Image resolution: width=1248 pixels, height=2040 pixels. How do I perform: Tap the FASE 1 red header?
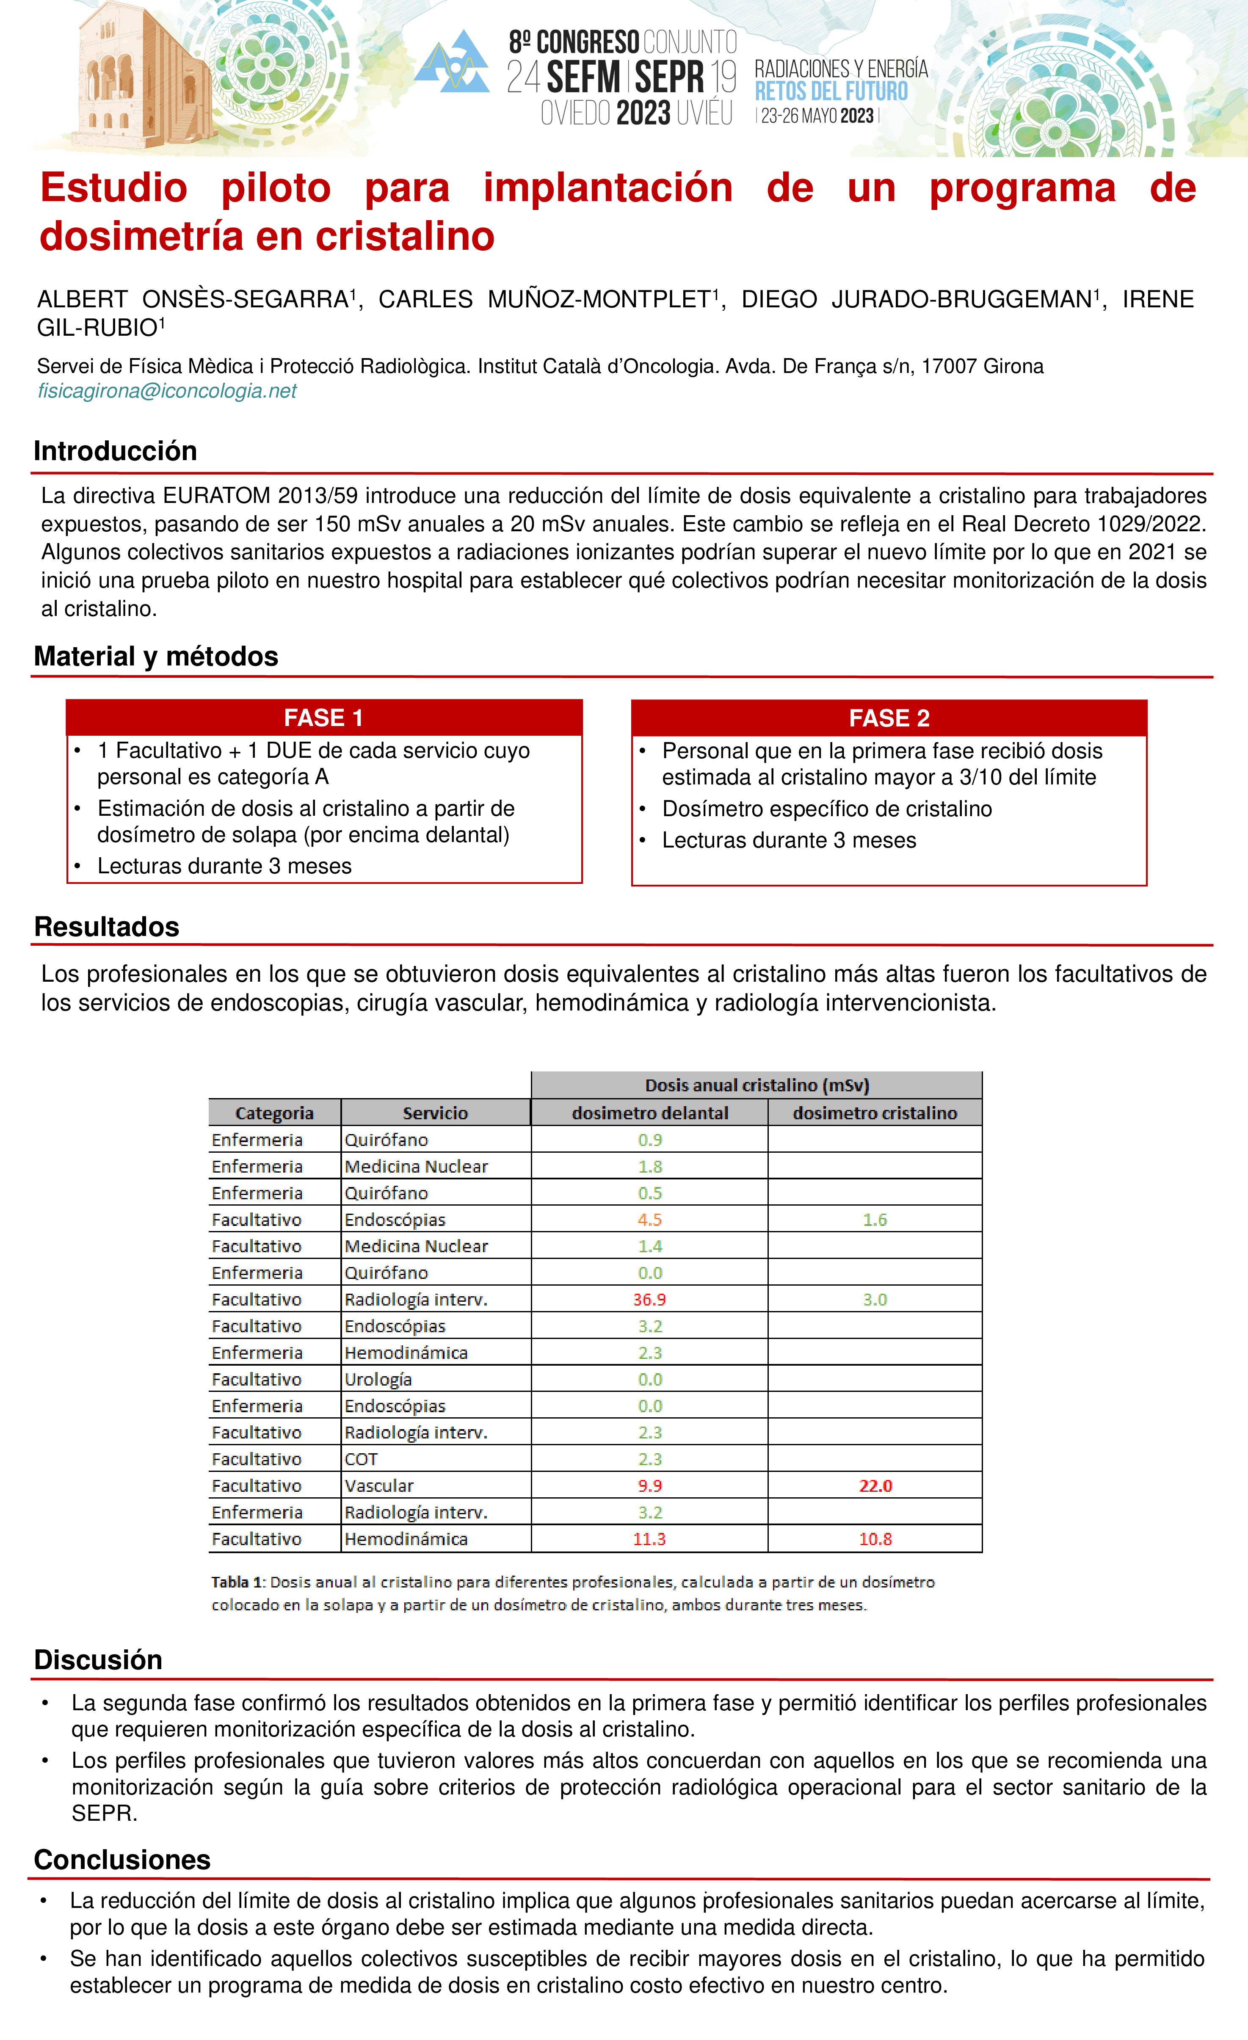324,718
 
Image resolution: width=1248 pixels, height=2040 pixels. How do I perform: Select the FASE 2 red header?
889,718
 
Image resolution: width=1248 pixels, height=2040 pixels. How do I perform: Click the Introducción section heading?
115,451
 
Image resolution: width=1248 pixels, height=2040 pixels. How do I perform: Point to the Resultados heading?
107,926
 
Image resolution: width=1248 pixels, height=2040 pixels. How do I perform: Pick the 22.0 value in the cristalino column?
875,1485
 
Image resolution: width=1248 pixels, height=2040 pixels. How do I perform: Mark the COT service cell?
361,1459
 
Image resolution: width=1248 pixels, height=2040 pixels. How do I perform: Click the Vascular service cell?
379,1485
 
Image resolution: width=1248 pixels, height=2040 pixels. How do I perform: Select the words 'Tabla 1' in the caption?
236,1582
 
